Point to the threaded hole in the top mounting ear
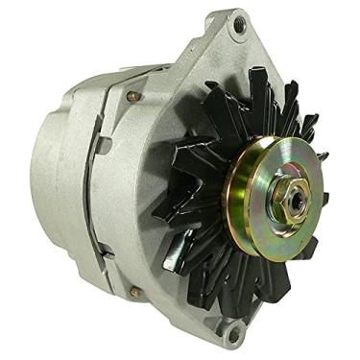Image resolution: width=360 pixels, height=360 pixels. (238, 26)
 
